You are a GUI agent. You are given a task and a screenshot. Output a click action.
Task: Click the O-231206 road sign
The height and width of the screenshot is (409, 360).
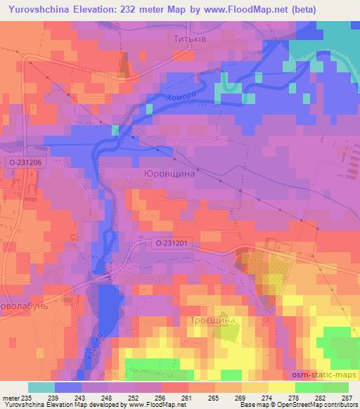click(x=27, y=162)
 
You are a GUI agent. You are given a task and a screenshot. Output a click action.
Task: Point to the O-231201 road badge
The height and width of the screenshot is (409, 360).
click(x=172, y=242)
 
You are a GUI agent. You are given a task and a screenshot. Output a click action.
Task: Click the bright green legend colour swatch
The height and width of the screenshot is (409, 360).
click(x=309, y=387)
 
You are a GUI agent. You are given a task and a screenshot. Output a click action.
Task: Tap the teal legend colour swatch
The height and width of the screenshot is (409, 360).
click(x=41, y=387)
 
